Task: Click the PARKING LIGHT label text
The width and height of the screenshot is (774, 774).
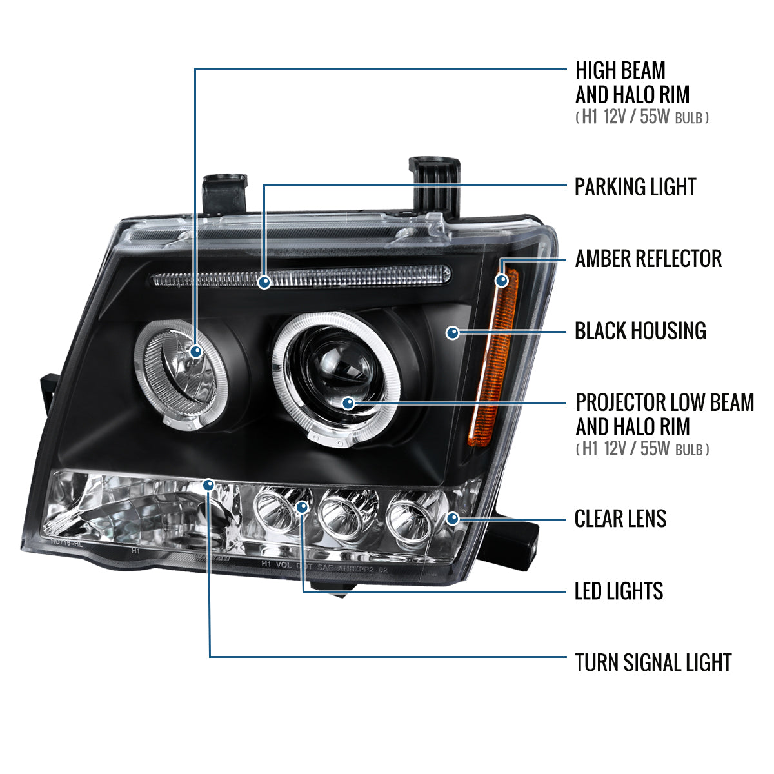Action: (635, 187)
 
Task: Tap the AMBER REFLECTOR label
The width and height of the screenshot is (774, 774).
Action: (648, 259)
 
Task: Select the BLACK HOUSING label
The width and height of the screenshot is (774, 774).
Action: (640, 331)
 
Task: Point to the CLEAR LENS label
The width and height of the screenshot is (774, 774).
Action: (620, 519)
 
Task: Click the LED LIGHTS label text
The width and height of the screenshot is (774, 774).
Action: (619, 591)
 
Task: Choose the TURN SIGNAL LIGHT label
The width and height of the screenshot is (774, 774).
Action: (653, 662)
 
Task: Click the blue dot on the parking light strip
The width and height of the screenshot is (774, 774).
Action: (264, 282)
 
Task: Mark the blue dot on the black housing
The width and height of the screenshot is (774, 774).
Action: (453, 333)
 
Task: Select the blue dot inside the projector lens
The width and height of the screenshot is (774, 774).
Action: (349, 404)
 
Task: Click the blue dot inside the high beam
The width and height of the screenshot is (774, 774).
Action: (195, 352)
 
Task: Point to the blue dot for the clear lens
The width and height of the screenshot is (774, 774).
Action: (453, 518)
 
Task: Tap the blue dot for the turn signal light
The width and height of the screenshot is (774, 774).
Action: (209, 484)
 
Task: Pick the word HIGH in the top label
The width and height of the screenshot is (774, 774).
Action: (597, 70)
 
